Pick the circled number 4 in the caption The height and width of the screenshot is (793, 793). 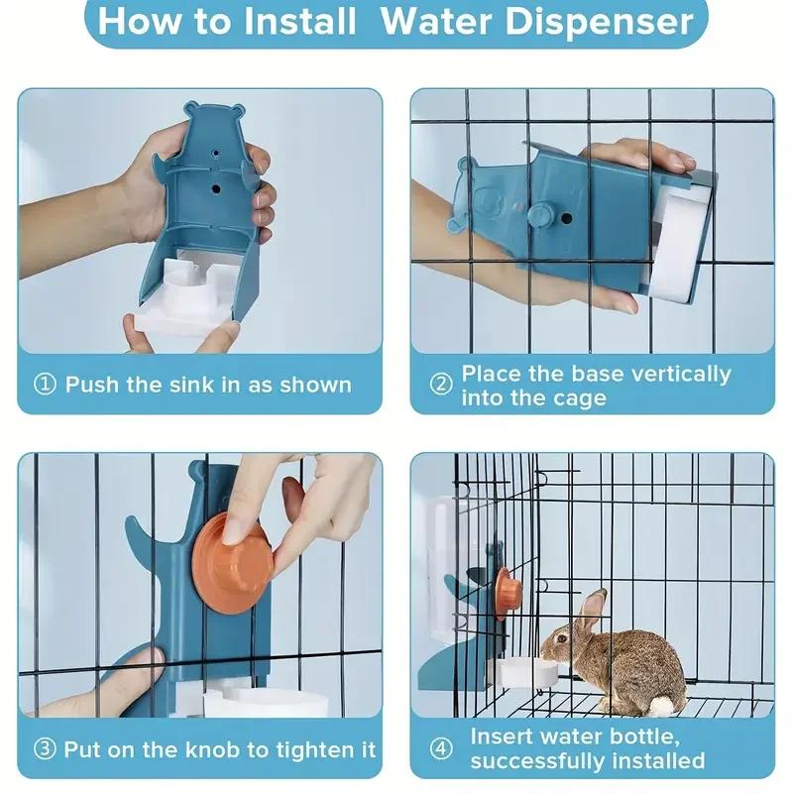[440, 748]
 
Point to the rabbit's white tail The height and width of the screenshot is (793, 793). [662, 704]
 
